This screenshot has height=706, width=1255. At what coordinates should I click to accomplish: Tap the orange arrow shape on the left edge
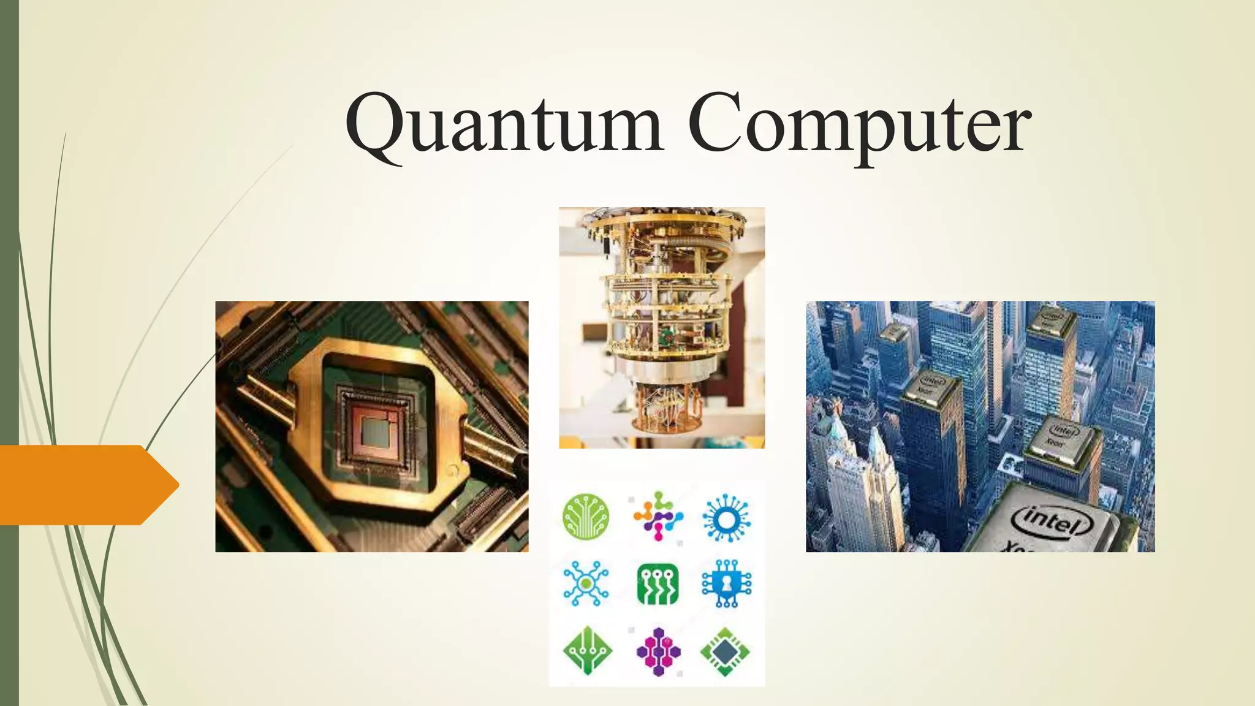point(86,485)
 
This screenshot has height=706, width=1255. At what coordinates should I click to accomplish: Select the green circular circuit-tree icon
point(586,517)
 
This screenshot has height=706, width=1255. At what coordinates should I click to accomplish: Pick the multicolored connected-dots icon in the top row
point(658,516)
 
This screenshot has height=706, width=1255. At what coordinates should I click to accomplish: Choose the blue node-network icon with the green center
point(586,583)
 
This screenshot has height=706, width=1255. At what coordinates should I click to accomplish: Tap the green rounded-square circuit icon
point(658,584)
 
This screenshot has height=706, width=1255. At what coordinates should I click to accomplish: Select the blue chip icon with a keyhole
point(726,584)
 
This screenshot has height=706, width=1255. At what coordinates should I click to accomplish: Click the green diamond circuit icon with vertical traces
point(587,651)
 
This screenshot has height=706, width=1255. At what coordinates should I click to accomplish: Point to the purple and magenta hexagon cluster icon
point(658,651)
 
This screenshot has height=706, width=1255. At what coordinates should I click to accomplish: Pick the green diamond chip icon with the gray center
point(726,651)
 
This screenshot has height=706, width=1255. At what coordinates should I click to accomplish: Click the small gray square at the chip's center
point(373,433)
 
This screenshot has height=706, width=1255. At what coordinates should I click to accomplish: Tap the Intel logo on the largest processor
point(1052,520)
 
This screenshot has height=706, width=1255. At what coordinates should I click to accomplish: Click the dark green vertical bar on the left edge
point(9,245)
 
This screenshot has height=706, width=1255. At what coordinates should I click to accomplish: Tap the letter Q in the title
point(375,126)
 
